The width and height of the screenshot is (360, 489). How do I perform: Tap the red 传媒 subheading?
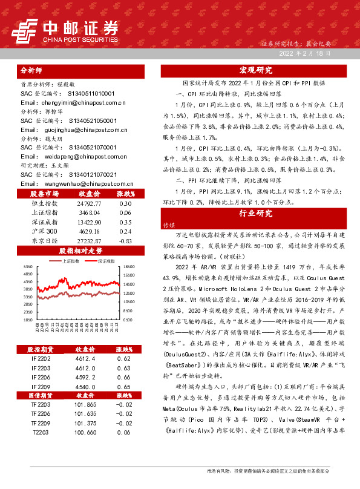click(x=168, y=225)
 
